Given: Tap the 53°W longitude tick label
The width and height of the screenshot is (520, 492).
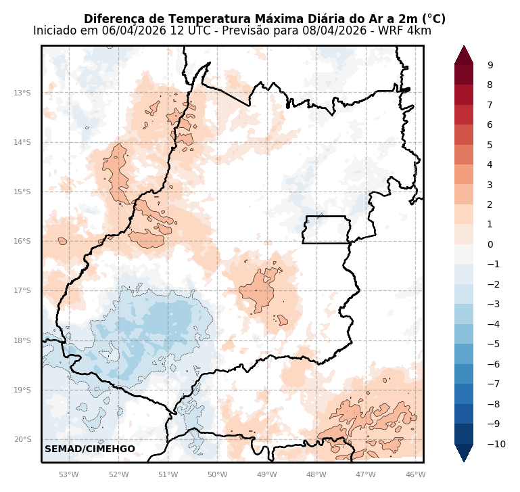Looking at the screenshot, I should (x=68, y=474).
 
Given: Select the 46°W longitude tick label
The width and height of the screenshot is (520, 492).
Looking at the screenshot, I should (x=415, y=474).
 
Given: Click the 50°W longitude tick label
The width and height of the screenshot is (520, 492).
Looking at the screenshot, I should (x=217, y=474).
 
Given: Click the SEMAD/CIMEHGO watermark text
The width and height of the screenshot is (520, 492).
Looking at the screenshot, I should (x=90, y=449).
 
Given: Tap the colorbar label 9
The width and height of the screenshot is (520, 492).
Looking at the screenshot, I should (x=490, y=65).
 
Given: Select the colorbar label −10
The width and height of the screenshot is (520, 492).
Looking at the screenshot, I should (x=496, y=444).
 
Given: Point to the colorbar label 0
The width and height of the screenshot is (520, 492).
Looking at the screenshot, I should (x=490, y=244).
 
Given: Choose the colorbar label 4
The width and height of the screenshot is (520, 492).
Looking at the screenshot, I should (x=490, y=164).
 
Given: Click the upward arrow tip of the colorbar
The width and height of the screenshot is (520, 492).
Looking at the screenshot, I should (x=464, y=47).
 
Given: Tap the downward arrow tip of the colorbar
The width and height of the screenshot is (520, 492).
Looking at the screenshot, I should (x=464, y=462).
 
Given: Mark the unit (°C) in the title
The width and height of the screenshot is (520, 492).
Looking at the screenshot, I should (x=432, y=19).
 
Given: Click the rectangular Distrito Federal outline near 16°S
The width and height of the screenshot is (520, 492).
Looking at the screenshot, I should (x=327, y=230).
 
